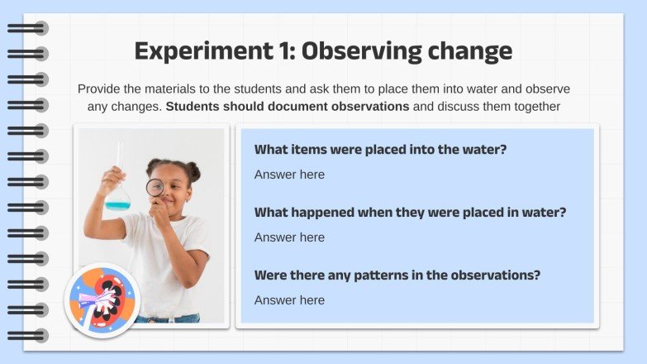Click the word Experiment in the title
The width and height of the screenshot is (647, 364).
click(204, 51)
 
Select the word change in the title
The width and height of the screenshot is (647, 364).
click(470, 52)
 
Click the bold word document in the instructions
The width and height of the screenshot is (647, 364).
click(297, 107)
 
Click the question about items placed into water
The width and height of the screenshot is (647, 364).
click(380, 149)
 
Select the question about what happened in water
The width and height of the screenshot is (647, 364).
click(410, 213)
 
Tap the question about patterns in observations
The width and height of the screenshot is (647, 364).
click(397, 275)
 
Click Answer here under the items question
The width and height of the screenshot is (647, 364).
click(289, 175)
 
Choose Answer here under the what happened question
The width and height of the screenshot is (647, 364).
click(289, 237)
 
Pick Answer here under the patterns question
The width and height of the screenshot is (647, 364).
click(289, 300)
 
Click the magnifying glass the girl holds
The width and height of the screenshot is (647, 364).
click(155, 188)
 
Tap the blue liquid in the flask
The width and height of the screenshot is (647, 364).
click(117, 204)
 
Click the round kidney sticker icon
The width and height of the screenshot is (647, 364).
click(102, 300)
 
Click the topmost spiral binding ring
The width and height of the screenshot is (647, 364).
click(27, 28)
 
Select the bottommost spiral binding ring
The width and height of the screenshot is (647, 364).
click(27, 336)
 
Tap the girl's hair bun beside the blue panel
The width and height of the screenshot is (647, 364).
click(193, 170)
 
